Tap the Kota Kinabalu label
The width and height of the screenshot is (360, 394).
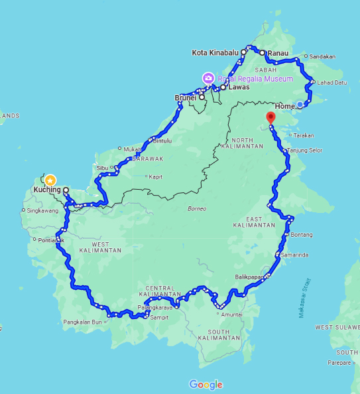click(215, 52)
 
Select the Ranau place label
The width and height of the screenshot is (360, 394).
click(278, 52)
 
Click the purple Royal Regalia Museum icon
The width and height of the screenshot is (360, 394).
click(208, 78)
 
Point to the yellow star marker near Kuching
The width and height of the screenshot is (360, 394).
click(50, 180)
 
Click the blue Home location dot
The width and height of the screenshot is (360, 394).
click(300, 105)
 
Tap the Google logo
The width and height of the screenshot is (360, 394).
click(206, 385)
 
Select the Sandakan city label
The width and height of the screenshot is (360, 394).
click(323, 56)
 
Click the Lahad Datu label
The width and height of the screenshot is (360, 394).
click(332, 83)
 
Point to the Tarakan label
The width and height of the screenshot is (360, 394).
click(303, 135)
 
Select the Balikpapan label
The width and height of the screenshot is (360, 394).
click(249, 277)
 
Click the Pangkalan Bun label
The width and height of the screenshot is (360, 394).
click(80, 322)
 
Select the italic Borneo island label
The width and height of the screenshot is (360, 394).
click(196, 209)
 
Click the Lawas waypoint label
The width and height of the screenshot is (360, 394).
click(238, 87)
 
